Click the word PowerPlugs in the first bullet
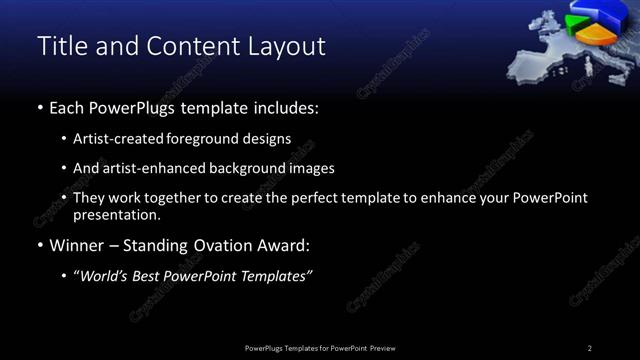(135, 107)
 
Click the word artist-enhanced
(149, 168)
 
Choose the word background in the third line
(253, 168)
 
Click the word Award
(283, 245)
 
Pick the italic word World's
(103, 276)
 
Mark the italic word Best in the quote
(148, 276)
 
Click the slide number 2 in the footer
(590, 348)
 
